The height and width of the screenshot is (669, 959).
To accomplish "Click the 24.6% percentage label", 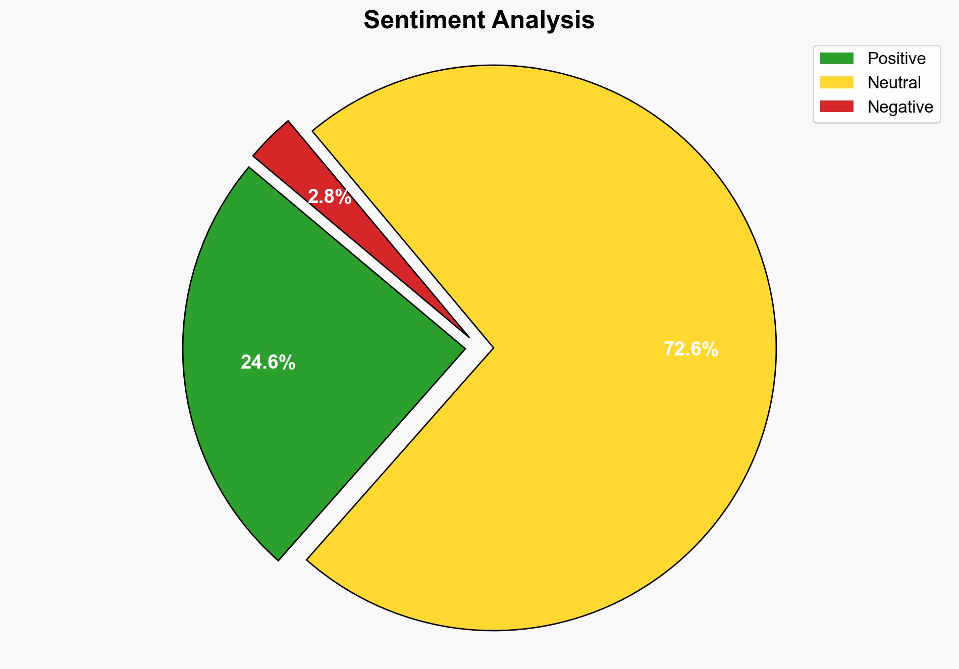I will coord(268,363).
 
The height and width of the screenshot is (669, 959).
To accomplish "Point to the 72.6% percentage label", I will coord(690,349).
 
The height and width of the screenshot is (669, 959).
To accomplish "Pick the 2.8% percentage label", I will coord(329,196).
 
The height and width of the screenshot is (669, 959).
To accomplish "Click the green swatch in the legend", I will coord(836,59).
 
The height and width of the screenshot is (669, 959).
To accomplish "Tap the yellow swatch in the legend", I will coord(836,82).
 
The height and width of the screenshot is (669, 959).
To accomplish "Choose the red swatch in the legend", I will coord(836,107).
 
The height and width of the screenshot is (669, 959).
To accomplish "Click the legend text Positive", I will coord(896,59).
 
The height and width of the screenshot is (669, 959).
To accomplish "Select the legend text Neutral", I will coord(894,82).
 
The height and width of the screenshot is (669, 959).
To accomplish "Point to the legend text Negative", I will coord(900,107).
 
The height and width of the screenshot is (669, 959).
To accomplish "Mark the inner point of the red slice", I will coord(468,336).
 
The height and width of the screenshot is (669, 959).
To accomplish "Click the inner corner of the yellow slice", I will coord(492,347).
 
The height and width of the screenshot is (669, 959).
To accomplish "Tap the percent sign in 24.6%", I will coord(288,363).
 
